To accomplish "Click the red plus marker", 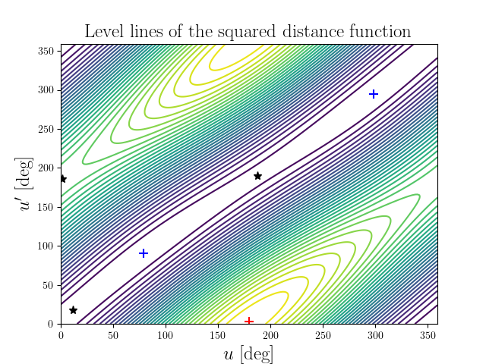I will [249, 322].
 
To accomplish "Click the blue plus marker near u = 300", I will [374, 94].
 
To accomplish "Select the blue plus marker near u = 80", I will [144, 253].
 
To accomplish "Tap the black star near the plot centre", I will [257, 176].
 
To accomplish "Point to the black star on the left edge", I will [62, 179].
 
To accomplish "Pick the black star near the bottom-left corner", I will [73, 310].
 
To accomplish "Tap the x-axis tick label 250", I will [323, 334].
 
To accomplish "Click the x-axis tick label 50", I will [113, 334].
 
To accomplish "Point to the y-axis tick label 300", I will [46, 89].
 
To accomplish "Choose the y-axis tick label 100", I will [46, 246].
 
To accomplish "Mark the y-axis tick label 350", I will [46, 51].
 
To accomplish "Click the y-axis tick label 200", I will [46, 168].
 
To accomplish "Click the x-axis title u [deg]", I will [248, 353].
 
